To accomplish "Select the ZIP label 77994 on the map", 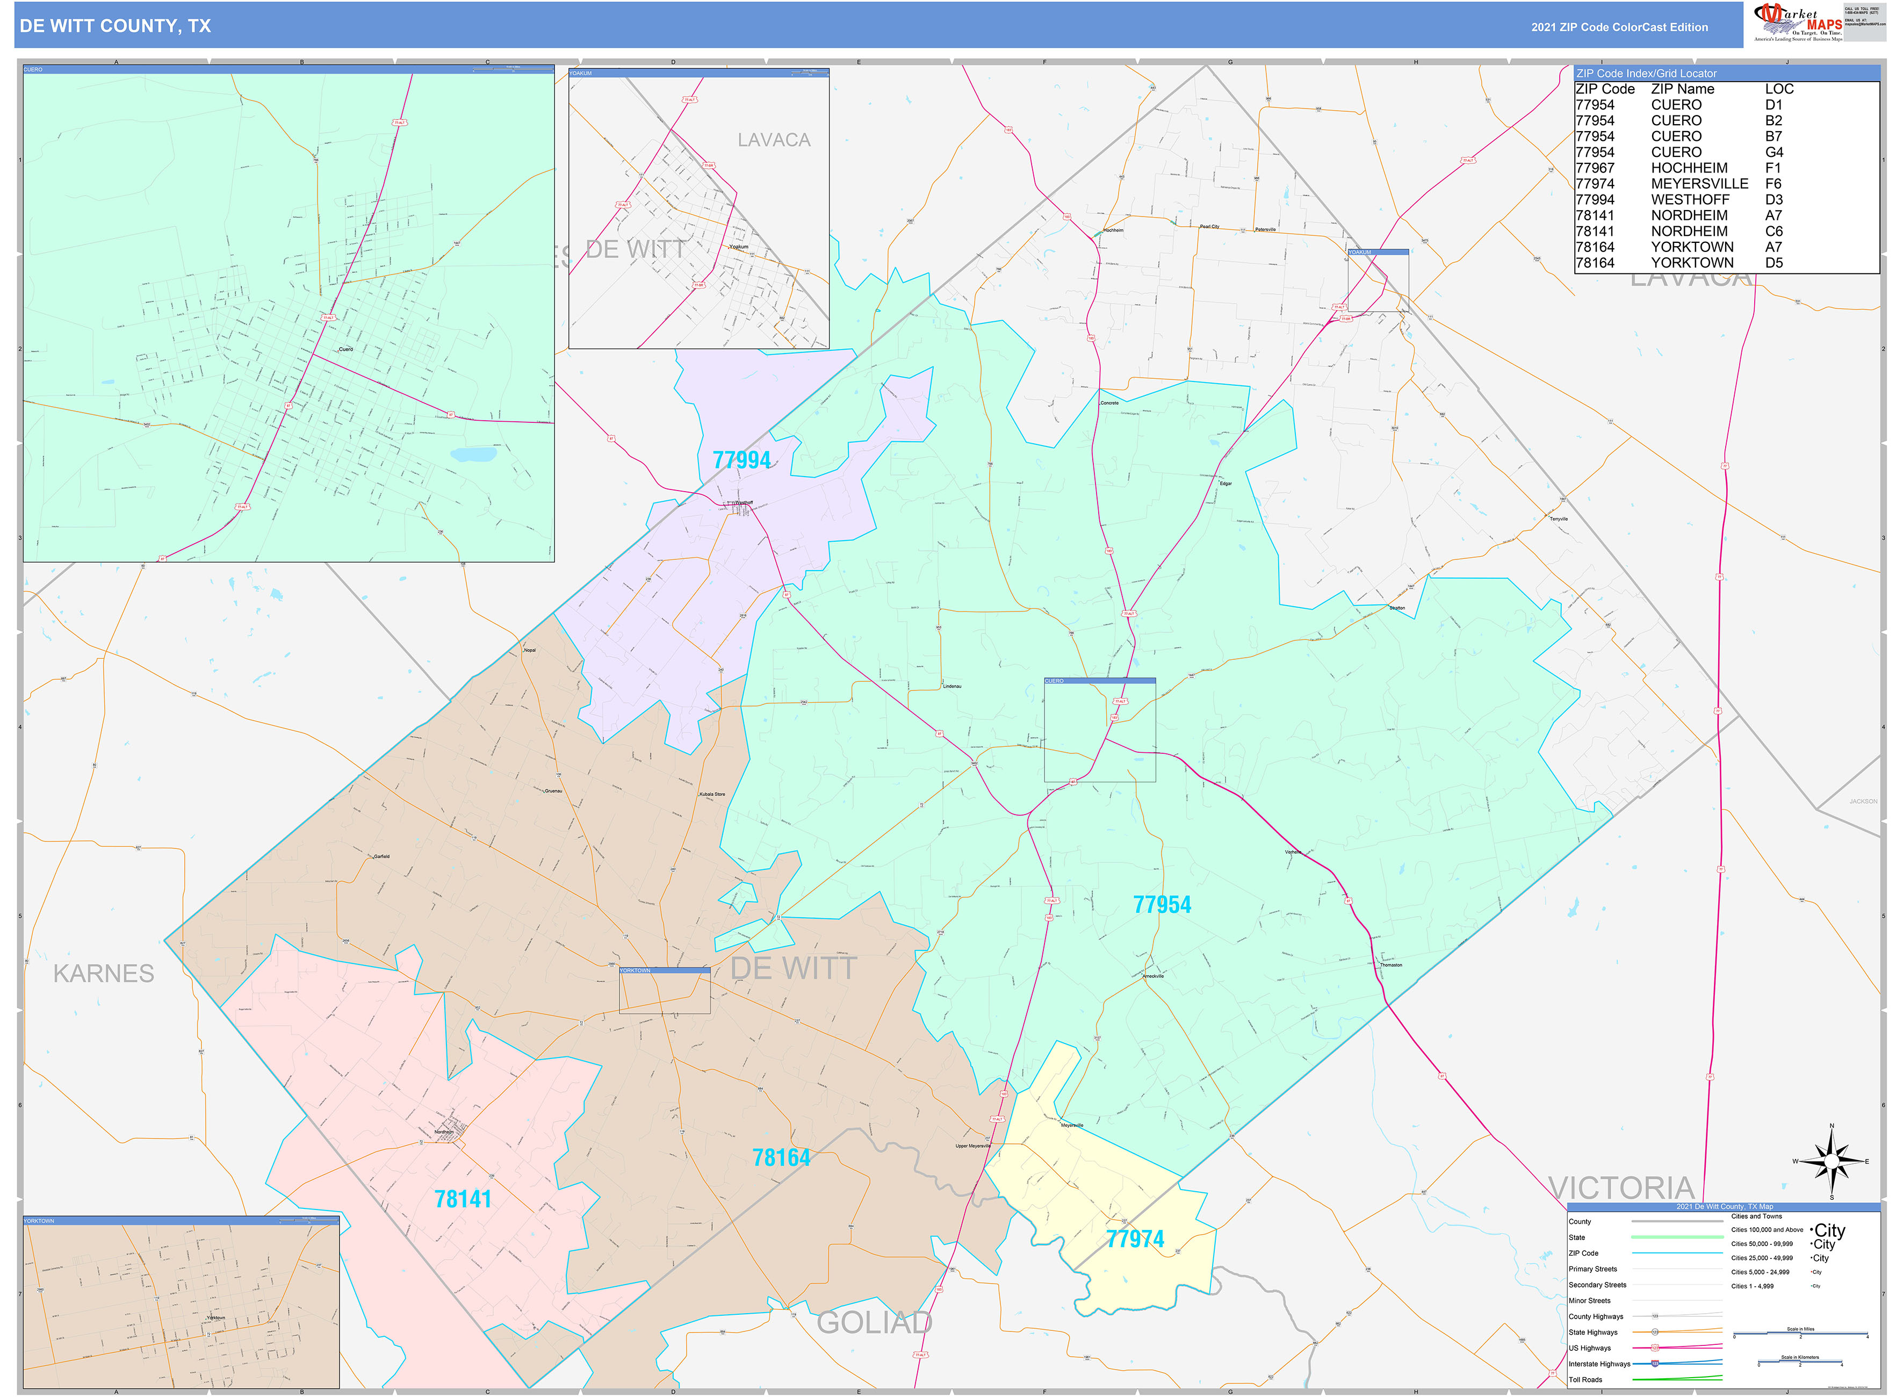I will [x=741, y=460].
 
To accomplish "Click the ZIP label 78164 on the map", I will [x=781, y=1158].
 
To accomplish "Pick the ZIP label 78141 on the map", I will [x=463, y=1199].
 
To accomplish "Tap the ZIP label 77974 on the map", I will [x=1135, y=1239].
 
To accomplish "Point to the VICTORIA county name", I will [x=1620, y=1188].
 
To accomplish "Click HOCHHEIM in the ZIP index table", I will [x=1689, y=168].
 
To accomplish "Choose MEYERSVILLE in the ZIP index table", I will [x=1699, y=184].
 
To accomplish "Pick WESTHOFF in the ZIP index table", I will [x=1690, y=199].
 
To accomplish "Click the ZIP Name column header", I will [x=1682, y=89].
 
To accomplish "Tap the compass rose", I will [x=1831, y=1162].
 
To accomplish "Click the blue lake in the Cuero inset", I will [x=473, y=455].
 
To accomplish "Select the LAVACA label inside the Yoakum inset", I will [x=773, y=140].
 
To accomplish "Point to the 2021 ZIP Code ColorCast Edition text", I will [x=1619, y=27].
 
